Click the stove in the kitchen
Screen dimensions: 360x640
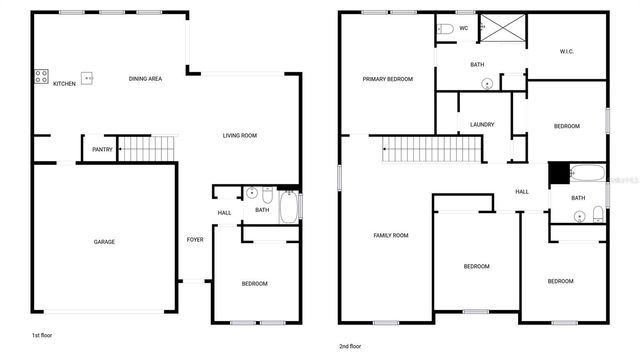[42, 76]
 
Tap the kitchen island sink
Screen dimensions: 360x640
[87, 78]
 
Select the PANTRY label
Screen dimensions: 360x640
[102, 150]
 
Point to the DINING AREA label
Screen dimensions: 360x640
[146, 78]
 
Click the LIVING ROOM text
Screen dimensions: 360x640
[240, 135]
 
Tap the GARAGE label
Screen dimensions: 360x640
[104, 242]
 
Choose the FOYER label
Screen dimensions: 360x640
[195, 240]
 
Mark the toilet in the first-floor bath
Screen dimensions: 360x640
[267, 194]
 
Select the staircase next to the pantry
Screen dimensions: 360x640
[147, 149]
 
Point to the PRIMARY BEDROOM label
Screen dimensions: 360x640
[388, 78]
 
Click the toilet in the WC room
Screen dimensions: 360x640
[446, 28]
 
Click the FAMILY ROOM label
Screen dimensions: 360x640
[391, 235]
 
